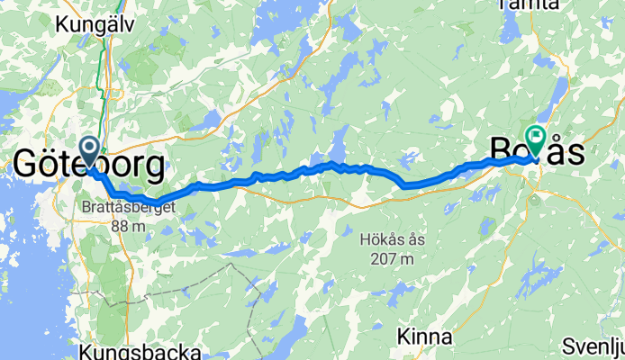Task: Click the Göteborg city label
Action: pos(88,166)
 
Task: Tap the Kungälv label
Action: pos(95,24)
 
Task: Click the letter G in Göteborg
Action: pos(27,166)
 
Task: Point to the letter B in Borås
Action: pos(501,150)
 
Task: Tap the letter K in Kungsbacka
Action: pos(86,349)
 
